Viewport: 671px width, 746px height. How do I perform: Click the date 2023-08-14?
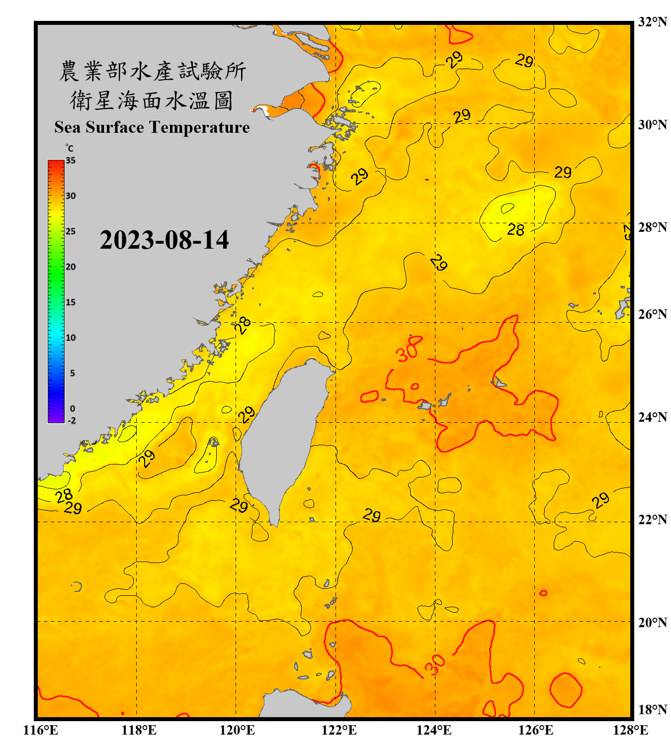click(x=164, y=240)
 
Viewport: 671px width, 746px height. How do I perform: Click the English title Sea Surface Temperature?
click(x=152, y=127)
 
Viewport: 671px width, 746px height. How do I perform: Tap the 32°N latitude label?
click(x=652, y=22)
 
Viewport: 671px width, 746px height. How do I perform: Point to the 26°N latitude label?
click(x=652, y=314)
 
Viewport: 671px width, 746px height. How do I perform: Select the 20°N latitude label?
click(x=652, y=622)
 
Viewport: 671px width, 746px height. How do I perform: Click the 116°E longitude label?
click(x=41, y=730)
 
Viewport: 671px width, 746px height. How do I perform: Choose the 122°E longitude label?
click(x=339, y=730)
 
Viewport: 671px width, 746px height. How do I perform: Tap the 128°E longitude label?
click(x=630, y=730)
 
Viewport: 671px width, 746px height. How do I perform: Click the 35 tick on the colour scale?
click(x=71, y=161)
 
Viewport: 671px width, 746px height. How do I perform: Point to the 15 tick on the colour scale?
click(x=71, y=302)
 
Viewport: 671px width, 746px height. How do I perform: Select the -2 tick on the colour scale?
click(x=72, y=421)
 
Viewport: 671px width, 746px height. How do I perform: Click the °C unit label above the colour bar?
click(x=70, y=148)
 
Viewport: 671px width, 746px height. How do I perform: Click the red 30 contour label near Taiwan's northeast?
click(x=409, y=350)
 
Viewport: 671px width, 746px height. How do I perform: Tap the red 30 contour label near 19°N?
click(x=435, y=665)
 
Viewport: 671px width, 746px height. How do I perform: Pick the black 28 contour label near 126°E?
click(x=515, y=230)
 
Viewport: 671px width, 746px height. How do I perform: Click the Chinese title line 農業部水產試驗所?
click(x=152, y=71)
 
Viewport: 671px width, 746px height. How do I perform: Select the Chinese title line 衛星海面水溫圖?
click(x=152, y=100)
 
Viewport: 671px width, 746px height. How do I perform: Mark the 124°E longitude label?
click(x=434, y=730)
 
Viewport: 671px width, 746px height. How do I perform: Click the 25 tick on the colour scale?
click(x=71, y=231)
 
